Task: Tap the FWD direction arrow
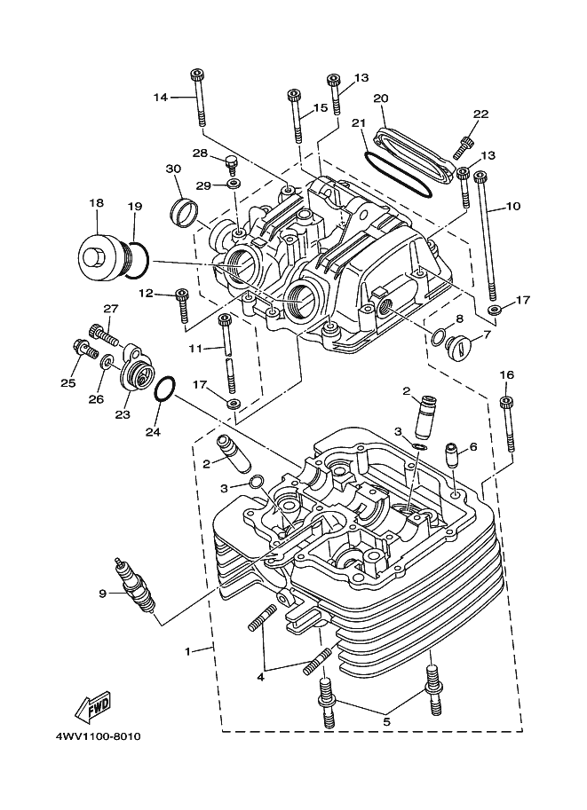tap(92, 705)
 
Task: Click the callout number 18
tap(96, 203)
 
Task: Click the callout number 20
tap(380, 98)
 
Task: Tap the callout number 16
tap(507, 374)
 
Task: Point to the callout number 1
tap(187, 650)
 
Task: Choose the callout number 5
tap(386, 722)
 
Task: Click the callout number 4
tap(261, 678)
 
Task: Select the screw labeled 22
tap(467, 142)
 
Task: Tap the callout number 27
tap(110, 309)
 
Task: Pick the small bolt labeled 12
tap(183, 304)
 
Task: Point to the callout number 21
tap(359, 122)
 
